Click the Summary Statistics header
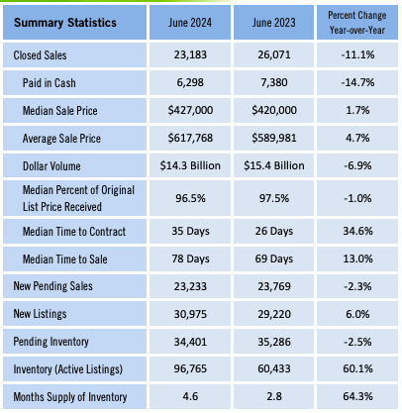click(65, 23)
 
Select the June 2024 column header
click(190, 23)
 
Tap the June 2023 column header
click(274, 23)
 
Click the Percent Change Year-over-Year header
click(357, 23)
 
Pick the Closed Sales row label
click(40, 55)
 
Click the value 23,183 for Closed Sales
click(190, 54)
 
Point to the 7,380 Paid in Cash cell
click(274, 82)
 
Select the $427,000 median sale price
click(190, 110)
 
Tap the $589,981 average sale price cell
click(274, 138)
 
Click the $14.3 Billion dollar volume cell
click(190, 165)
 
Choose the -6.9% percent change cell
click(357, 165)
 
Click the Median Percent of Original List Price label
click(78, 198)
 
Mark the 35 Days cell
click(190, 231)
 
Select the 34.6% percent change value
click(357, 231)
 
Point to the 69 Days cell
click(274, 258)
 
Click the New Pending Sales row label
click(52, 286)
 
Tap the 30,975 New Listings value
click(190, 314)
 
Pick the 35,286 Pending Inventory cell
click(274, 342)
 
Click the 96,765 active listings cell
click(190, 368)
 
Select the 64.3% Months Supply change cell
click(357, 396)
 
